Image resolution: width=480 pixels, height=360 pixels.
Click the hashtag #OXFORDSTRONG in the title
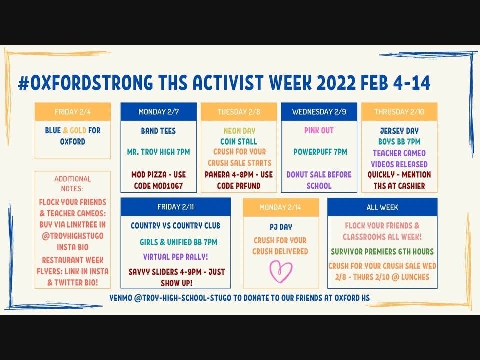point(85,82)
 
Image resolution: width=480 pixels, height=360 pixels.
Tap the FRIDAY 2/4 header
point(73,112)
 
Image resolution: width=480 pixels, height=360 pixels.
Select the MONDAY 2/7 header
point(159,112)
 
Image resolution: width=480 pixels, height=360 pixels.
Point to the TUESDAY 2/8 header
point(239,112)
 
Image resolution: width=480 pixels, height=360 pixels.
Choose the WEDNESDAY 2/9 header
point(319,112)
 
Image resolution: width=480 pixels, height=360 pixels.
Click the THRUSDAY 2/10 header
point(399,112)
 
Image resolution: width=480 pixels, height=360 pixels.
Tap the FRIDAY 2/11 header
point(175,207)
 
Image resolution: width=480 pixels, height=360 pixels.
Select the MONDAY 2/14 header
point(281,207)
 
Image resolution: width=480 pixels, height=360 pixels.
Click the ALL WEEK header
point(382,207)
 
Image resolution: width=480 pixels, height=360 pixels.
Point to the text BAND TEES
point(158,131)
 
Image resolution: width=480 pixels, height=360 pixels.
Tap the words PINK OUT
point(319,130)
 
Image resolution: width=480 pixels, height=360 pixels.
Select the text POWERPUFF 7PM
point(320,152)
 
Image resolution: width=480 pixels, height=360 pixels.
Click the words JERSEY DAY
point(399,131)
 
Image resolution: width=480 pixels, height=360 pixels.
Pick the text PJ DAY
point(281,227)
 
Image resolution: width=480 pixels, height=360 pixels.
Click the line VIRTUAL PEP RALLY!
point(175,257)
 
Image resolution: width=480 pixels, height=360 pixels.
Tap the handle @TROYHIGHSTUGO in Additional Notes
point(73,236)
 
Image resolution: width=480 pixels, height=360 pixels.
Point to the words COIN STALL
point(239,141)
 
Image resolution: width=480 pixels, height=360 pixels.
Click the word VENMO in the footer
point(120,298)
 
